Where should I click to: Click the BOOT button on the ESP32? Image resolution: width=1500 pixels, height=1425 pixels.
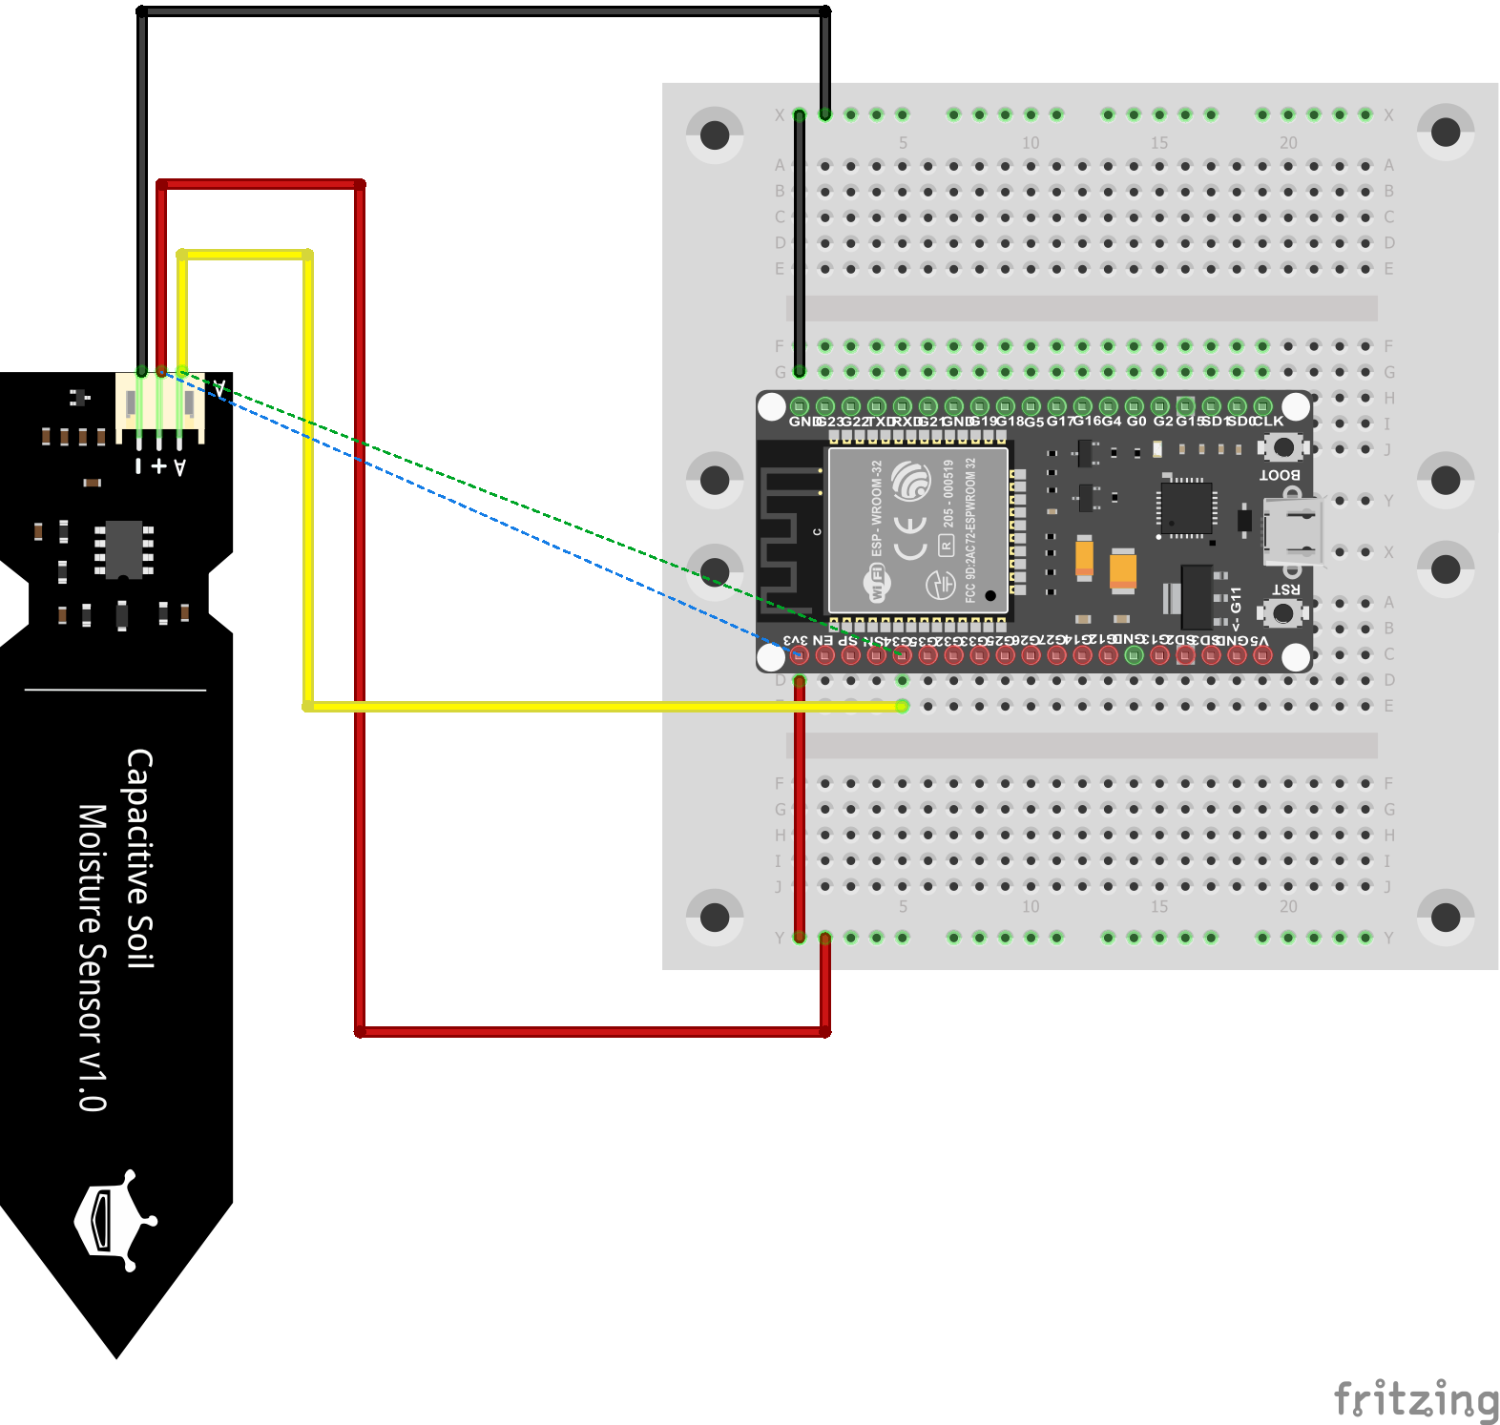(x=1283, y=446)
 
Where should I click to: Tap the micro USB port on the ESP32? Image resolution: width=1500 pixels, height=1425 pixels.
(x=1294, y=531)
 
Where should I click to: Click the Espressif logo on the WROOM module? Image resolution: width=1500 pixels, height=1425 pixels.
(x=911, y=480)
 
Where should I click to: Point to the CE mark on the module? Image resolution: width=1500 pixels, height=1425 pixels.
(x=910, y=538)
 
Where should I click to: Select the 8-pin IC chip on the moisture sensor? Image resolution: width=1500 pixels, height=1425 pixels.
(x=124, y=548)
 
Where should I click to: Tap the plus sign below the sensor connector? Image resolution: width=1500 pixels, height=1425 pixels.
(x=159, y=466)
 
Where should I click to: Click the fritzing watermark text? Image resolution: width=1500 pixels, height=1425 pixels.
(x=1416, y=1399)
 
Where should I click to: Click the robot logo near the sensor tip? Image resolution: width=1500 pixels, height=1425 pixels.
(x=115, y=1220)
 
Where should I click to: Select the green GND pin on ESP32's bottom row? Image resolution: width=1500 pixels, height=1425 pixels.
(x=1134, y=655)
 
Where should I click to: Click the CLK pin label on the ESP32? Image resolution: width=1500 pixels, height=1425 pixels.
(x=1268, y=421)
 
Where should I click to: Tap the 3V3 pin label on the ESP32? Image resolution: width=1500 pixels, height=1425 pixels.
(x=796, y=640)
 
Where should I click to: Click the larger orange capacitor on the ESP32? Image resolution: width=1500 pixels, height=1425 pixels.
(x=1123, y=570)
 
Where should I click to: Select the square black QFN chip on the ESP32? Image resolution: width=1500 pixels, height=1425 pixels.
(x=1186, y=506)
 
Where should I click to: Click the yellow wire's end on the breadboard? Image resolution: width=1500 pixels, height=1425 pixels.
(x=902, y=706)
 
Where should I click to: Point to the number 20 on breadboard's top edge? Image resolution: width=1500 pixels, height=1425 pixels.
(x=1288, y=143)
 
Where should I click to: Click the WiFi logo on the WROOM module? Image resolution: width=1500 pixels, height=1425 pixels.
(x=877, y=583)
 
